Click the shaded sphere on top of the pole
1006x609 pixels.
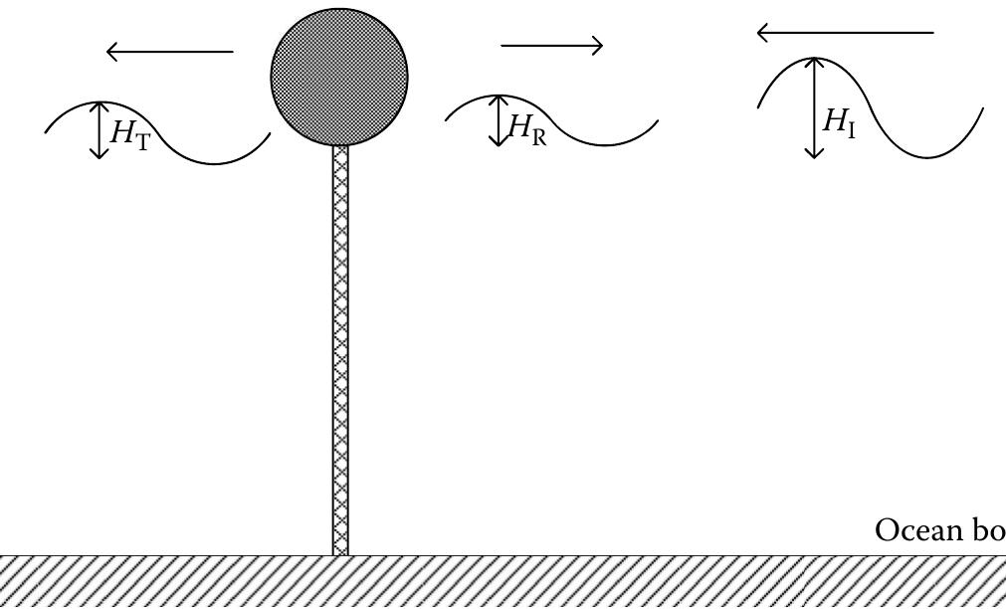click(x=339, y=76)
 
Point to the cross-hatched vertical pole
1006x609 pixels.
click(x=340, y=348)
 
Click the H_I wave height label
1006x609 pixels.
click(x=838, y=122)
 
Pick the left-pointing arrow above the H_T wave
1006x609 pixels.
click(x=169, y=51)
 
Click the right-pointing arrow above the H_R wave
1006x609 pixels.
click(x=552, y=46)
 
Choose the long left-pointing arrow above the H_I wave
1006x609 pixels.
click(x=845, y=33)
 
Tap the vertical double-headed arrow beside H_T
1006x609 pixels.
click(x=98, y=130)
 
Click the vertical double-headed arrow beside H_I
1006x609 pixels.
click(x=815, y=107)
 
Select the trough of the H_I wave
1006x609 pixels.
click(x=930, y=156)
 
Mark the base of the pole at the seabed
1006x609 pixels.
click(x=340, y=552)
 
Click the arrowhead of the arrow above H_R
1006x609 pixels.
click(x=598, y=46)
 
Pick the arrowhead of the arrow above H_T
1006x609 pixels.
click(x=111, y=51)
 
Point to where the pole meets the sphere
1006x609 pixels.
click(x=340, y=145)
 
